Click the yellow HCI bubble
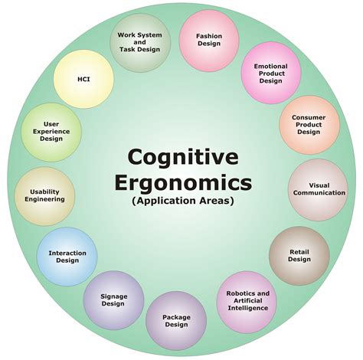[x=83, y=79]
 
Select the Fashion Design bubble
[x=209, y=41]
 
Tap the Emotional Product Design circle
[x=271, y=73]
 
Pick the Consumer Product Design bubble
[x=309, y=125]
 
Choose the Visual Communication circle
[x=318, y=189]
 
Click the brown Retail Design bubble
[x=299, y=256]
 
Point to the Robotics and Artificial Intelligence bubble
[x=247, y=302]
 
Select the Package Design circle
[x=176, y=321]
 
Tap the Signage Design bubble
[x=114, y=300]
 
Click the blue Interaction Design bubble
[x=67, y=257]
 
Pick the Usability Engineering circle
[x=44, y=196]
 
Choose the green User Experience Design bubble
[x=51, y=133]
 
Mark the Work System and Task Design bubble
[x=140, y=42]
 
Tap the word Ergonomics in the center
[x=183, y=183]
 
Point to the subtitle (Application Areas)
[x=183, y=201]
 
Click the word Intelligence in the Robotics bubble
[x=248, y=308]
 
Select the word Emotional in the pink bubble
[x=270, y=67]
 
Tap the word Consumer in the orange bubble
[x=309, y=117]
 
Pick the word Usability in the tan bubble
[x=44, y=192]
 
